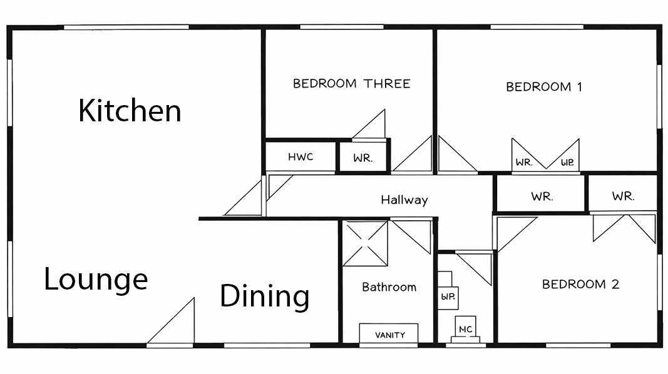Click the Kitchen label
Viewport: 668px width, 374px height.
pyautogui.click(x=130, y=110)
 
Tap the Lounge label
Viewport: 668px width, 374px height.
pyautogui.click(x=96, y=280)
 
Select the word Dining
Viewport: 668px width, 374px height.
pyautogui.click(x=265, y=296)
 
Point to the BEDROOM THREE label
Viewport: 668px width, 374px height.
pyautogui.click(x=351, y=83)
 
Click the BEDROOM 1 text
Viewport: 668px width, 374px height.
pyautogui.click(x=544, y=87)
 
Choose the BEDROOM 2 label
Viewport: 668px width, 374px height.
pyautogui.click(x=581, y=284)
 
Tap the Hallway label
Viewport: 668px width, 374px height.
pyautogui.click(x=404, y=200)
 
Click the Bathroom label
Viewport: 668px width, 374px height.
pyautogui.click(x=389, y=287)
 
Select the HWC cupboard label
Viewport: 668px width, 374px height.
pyautogui.click(x=301, y=157)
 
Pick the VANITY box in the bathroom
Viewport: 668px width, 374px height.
pyautogui.click(x=389, y=333)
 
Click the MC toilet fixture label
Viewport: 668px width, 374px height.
pyautogui.click(x=466, y=329)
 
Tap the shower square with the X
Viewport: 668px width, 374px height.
pyautogui.click(x=365, y=243)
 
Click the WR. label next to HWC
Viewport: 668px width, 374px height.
pyautogui.click(x=363, y=158)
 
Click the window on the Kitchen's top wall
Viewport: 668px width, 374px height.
pyautogui.click(x=126, y=28)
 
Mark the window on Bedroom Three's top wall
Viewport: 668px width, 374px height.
pyautogui.click(x=342, y=28)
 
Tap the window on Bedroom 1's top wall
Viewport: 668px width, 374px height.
pyautogui.click(x=537, y=28)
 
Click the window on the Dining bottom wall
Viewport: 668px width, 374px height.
pyautogui.click(x=267, y=345)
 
